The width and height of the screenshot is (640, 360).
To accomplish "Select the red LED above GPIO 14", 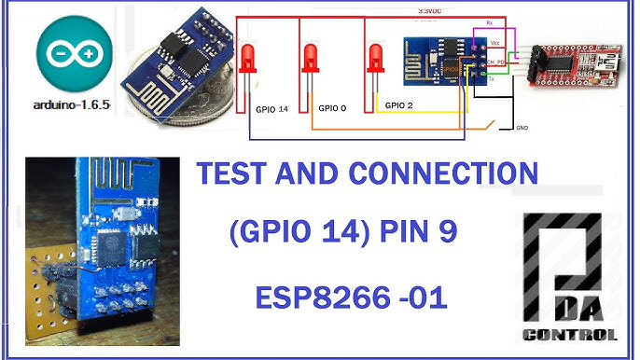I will (248, 60).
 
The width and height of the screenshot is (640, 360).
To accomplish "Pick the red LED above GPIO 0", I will (311, 60).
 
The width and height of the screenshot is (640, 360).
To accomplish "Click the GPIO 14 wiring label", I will (271, 109).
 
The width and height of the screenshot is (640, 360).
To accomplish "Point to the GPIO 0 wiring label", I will (332, 108).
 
